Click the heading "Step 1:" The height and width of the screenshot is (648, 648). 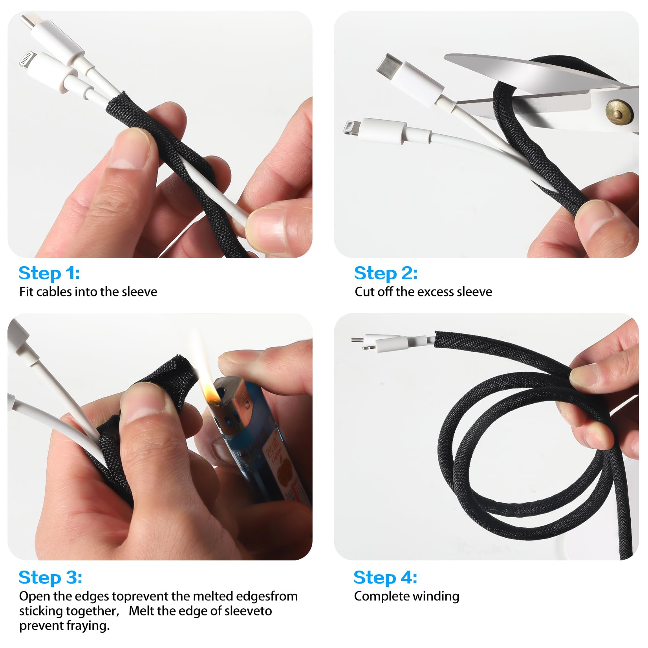coord(49,273)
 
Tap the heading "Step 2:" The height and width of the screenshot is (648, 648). coord(386,273)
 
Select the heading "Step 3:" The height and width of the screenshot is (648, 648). coord(50,577)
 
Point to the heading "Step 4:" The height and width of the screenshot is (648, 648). coord(385,577)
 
